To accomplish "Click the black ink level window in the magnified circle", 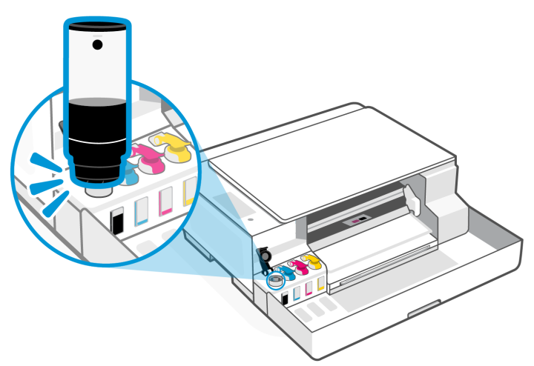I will point(116,220).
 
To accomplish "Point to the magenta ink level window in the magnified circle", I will point(166,201).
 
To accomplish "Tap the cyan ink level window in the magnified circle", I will point(141,210).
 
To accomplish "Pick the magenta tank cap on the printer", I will point(300,264).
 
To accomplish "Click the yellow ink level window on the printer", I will point(320,283).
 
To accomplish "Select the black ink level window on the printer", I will point(286,299).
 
